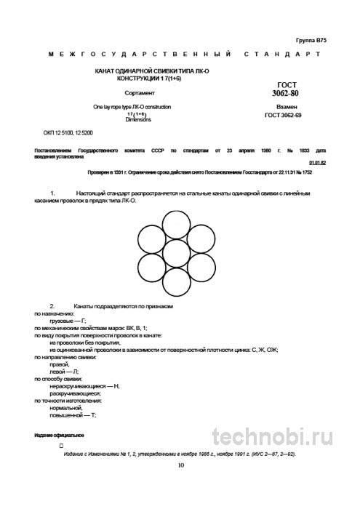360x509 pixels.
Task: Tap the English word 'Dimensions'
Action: click(137, 119)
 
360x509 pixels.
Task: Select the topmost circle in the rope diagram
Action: click(177, 224)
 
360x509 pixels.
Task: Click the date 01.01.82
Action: click(318, 164)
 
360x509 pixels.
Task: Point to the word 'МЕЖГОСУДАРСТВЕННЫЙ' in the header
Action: click(137, 55)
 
